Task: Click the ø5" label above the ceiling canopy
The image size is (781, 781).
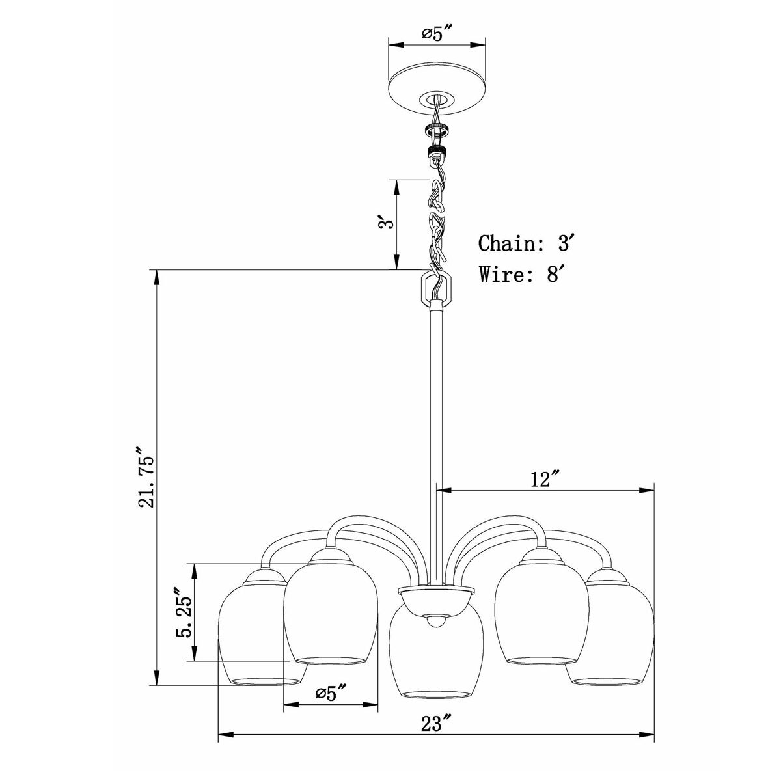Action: coord(437,33)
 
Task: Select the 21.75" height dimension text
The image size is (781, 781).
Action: coord(145,478)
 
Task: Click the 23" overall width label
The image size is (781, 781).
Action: coord(436,741)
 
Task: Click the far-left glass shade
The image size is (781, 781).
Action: coord(257,638)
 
